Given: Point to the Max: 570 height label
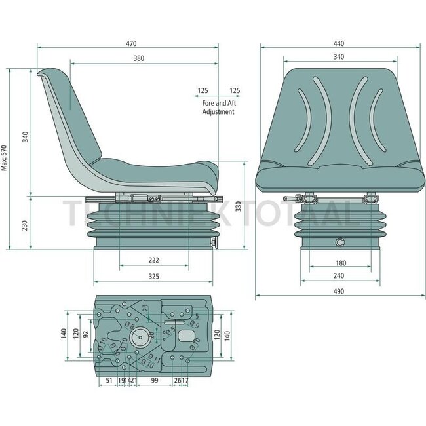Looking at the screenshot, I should [5, 158].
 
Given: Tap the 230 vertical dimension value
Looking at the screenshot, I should [24, 223].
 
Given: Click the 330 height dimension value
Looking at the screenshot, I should [238, 206].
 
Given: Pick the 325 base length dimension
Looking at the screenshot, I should [153, 277].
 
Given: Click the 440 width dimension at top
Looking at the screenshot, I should [338, 44].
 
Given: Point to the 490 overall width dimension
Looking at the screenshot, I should [338, 290].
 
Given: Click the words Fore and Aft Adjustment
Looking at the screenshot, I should [218, 107].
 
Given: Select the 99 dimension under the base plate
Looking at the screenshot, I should [155, 380].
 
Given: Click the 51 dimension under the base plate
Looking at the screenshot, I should [108, 380].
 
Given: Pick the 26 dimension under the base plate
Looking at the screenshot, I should [177, 380].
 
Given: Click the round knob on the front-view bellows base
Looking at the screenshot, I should [340, 242].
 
